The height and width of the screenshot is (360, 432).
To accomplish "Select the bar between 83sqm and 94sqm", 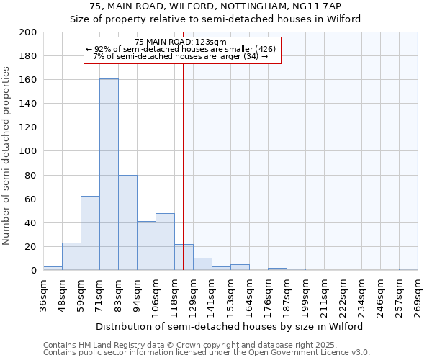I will pyautogui.click(x=127, y=222).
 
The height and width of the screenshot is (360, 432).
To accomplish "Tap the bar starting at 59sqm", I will pyautogui.click(x=90, y=233).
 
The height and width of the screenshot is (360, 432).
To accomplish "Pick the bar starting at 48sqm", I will pyautogui.click(x=71, y=256).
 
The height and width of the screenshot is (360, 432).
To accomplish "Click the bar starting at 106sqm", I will pyautogui.click(x=165, y=242).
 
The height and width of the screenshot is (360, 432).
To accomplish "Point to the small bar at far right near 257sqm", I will pyautogui.click(x=408, y=269).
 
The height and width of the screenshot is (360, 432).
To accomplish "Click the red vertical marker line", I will pyautogui.click(x=184, y=166).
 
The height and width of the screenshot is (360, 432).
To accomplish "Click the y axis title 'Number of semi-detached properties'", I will pyautogui.click(x=6, y=156).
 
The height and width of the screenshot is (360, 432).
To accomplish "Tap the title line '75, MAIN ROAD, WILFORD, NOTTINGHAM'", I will pyautogui.click(x=215, y=6).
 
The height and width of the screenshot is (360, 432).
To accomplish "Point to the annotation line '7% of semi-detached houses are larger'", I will pyautogui.click(x=181, y=56).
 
